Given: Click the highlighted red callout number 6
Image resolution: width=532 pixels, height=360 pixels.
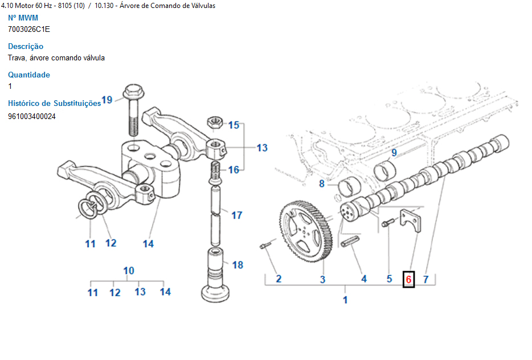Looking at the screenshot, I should pos(408,279).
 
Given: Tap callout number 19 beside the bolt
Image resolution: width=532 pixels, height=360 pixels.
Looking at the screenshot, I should pos(107,100).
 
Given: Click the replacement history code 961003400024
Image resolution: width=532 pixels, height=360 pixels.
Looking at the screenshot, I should pos(32,116).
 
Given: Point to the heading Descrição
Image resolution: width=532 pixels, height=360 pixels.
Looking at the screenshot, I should pos(26,46).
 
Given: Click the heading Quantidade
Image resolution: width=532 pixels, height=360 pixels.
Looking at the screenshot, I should pos(29,75).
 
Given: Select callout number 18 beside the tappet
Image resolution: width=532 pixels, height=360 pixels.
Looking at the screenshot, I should pos(238,265).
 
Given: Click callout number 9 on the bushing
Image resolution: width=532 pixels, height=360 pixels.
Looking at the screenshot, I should pos(394,153).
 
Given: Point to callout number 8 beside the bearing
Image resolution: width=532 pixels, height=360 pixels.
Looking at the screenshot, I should pos(322,183).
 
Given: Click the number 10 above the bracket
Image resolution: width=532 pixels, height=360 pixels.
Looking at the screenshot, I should pos(129,270).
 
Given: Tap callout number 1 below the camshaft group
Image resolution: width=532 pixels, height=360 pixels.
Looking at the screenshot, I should pos(345,300).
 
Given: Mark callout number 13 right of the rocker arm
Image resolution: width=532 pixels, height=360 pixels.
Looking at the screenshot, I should pos(262,148).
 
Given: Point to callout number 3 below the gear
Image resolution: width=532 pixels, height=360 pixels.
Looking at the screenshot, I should pos(322,279).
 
